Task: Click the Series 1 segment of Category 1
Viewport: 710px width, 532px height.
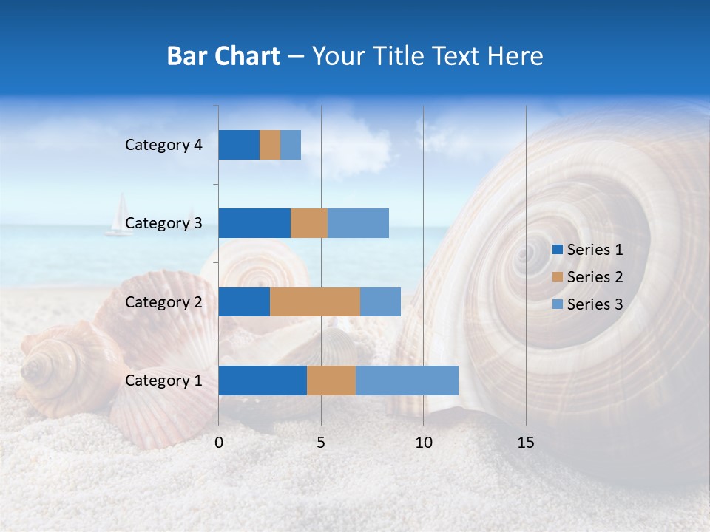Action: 263,381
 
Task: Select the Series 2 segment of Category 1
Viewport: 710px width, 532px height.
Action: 331,381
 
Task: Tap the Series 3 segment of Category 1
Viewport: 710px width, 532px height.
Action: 407,381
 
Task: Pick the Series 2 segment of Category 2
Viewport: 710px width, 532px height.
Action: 315,301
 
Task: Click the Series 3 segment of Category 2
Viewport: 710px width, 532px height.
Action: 380,301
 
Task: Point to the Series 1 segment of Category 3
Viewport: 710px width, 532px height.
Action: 254,223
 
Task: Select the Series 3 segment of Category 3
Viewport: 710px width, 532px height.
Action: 358,223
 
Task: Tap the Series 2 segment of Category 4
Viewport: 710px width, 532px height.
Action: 270,145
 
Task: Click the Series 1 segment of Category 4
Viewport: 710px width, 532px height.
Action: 239,145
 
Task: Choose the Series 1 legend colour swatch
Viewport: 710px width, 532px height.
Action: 557,250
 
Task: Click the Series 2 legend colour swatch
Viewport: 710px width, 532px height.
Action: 557,277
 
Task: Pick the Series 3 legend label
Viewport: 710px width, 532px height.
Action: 595,304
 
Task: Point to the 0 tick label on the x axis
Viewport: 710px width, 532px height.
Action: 219,443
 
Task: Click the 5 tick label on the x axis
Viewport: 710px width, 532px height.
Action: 321,443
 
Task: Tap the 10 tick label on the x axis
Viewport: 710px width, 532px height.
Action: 423,443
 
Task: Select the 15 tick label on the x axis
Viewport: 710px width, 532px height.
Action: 525,443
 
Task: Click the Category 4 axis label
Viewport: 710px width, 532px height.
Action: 163,145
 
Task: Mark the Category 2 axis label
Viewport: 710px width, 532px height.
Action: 163,301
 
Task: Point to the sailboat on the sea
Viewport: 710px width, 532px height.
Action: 119,216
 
